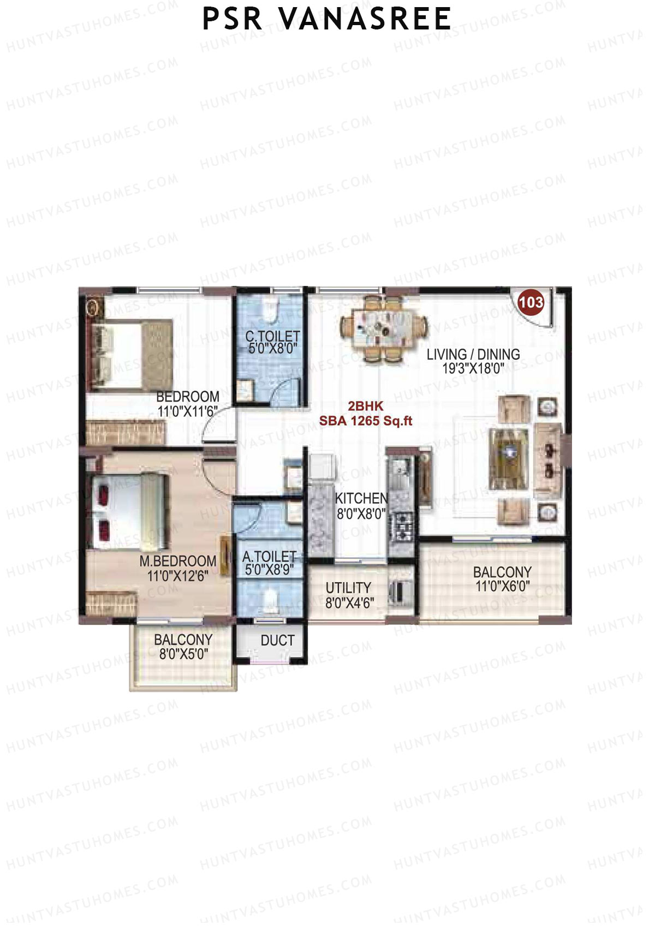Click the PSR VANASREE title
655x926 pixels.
(x=326, y=19)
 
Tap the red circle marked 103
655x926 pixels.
(x=531, y=302)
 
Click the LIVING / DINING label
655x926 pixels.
(x=473, y=355)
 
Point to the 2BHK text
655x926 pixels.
(x=366, y=407)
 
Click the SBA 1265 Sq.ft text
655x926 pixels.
(x=366, y=421)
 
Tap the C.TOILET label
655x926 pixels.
(x=272, y=336)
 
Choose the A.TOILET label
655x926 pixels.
(x=270, y=557)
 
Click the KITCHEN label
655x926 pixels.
(x=361, y=498)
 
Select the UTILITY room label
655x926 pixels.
(x=348, y=588)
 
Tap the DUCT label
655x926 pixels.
(x=277, y=641)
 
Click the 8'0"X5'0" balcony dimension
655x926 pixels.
(x=183, y=654)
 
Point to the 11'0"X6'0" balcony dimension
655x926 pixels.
(x=502, y=587)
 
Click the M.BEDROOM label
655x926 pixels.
(x=177, y=561)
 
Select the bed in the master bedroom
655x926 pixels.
(x=129, y=511)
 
